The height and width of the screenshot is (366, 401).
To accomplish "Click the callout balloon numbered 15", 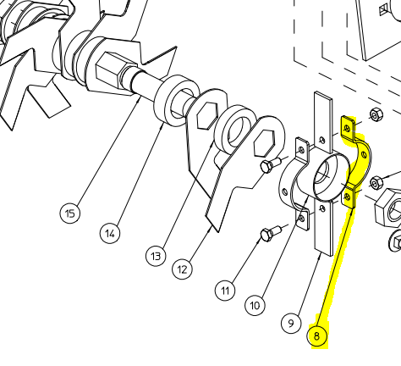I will pos(71,213).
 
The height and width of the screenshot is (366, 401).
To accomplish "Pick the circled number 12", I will pos(182,269).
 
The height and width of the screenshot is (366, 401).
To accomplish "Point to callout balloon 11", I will pos(225,291).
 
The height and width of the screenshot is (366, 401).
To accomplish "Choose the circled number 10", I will pos(255,304).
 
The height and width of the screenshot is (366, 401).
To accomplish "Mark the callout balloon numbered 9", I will pos(290,323).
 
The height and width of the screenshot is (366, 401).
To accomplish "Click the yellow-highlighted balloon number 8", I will pos(317,336).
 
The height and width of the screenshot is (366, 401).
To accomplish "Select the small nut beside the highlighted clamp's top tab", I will pos(376,113).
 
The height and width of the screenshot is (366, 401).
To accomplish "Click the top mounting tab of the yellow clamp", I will pos(347,127).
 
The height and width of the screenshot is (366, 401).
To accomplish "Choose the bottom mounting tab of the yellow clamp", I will pos(350,198).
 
